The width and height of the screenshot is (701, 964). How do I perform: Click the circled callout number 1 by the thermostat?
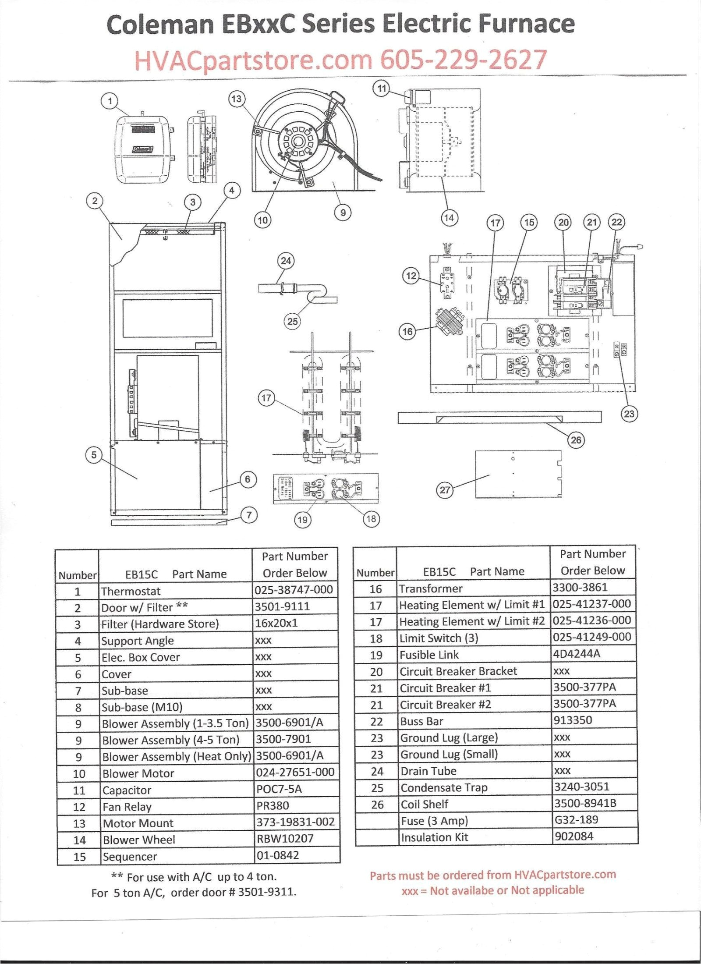(110, 102)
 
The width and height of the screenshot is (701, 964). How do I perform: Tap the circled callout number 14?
(449, 217)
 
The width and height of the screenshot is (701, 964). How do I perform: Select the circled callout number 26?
(576, 439)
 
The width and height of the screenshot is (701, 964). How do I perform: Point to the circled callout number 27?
(445, 489)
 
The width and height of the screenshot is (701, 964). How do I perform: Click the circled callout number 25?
(292, 321)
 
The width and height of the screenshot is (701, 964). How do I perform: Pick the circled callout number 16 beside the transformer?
(408, 331)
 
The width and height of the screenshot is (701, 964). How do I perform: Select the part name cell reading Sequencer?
(130, 856)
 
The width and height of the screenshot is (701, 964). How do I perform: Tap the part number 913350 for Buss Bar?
(573, 720)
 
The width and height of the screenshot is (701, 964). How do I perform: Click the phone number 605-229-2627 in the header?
(464, 60)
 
